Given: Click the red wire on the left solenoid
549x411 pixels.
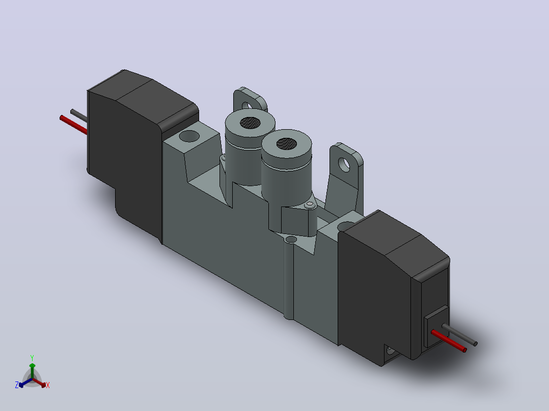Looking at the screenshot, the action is [x=73, y=125].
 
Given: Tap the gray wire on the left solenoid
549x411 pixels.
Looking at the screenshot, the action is [x=79, y=116].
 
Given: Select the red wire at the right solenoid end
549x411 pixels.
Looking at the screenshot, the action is [x=449, y=341].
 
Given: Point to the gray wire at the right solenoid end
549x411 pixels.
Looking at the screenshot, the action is [x=459, y=335].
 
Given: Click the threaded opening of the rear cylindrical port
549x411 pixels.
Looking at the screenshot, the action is [x=250, y=123].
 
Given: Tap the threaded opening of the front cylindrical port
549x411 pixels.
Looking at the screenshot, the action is [x=286, y=143].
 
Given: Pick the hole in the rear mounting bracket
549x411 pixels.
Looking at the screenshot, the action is [x=248, y=105].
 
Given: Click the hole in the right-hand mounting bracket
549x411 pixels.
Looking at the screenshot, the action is [x=344, y=165].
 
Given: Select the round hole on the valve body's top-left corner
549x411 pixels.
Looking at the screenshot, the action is [x=189, y=136].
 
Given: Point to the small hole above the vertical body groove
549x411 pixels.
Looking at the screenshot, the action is [x=291, y=240].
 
